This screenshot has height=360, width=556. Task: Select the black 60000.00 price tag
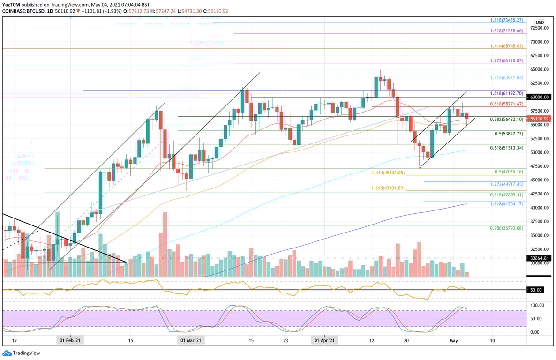click(540, 97)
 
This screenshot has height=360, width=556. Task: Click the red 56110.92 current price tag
click(540, 119)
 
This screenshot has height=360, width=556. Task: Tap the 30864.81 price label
click(540, 258)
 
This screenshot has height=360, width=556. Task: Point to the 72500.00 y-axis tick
click(540, 28)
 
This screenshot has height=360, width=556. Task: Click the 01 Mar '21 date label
click(191, 341)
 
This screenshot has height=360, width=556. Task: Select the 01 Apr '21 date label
click(324, 341)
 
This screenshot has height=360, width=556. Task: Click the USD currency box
click(540, 22)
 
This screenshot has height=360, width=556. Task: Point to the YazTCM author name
click(12, 4)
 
